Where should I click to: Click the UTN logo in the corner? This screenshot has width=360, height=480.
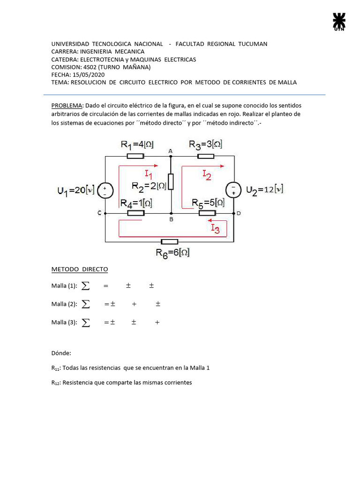[x=339, y=22]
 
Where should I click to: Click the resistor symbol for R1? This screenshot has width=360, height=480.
[x=135, y=156]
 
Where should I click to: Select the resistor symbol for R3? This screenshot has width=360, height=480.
[x=206, y=156]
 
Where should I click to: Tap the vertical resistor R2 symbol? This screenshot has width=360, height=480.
[x=171, y=181]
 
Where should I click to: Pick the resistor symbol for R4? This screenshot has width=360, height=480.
[x=135, y=213]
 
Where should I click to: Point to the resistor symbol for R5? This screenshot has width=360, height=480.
[x=207, y=213]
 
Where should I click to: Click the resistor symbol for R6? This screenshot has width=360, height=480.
[x=169, y=241]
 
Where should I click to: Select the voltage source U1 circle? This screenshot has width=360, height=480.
[x=105, y=190]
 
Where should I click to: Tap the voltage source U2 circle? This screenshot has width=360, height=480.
[x=233, y=190]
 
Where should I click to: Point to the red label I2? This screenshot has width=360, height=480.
[x=207, y=175]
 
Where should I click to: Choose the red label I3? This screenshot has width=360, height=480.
[x=215, y=229]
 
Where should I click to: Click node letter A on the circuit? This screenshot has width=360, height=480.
[x=171, y=150]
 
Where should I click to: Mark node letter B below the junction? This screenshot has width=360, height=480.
[x=171, y=219]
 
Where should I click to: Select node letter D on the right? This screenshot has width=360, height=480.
[x=239, y=214]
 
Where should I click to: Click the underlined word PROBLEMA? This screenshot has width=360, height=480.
[x=67, y=106]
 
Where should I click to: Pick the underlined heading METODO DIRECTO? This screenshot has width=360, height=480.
[x=80, y=269]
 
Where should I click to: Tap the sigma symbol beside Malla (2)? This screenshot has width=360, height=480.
[x=86, y=304]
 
